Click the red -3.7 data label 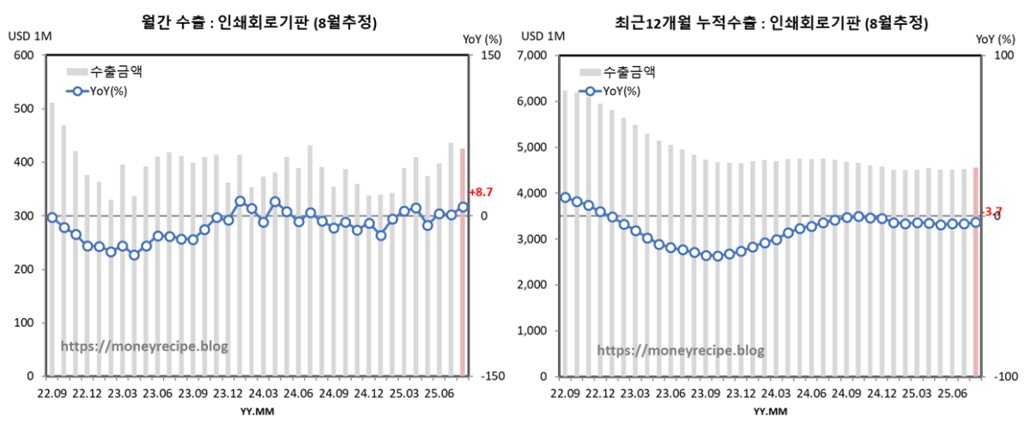pos(991,211)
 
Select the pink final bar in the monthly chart pos(464,262)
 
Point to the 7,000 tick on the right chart pos(536,56)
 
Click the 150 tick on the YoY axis pos(490,56)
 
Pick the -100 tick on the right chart pos(1003,376)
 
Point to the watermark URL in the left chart pos(144,347)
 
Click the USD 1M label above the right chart pos(542,36)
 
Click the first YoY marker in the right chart pos(565,197)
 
